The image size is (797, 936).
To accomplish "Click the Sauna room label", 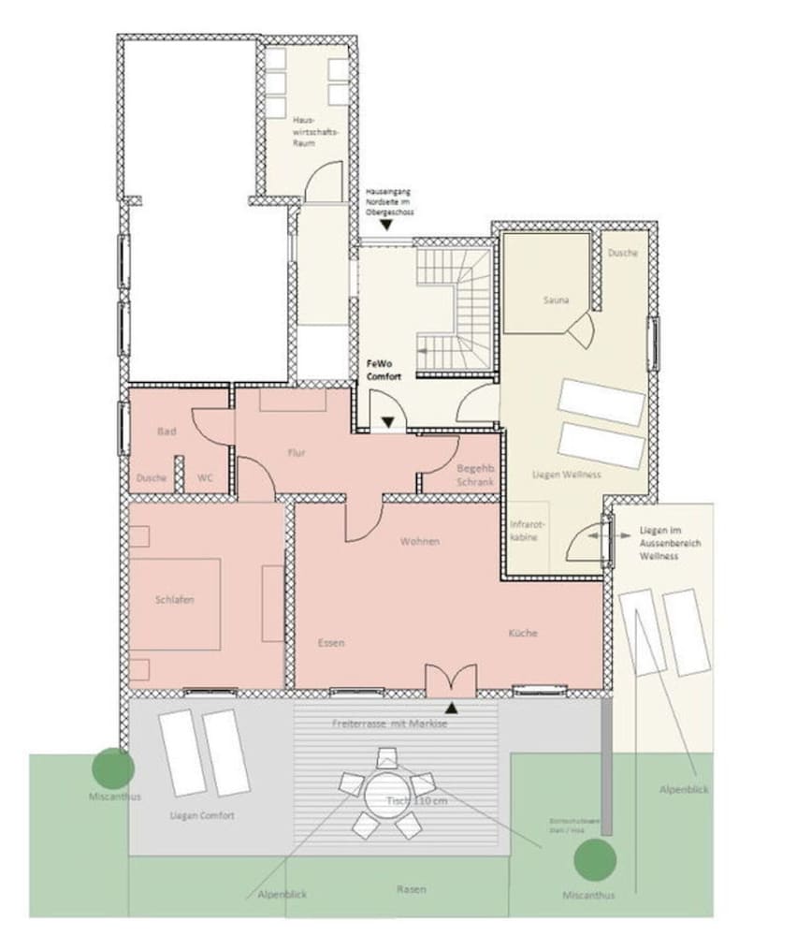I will tap(556, 300).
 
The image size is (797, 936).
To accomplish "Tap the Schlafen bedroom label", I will tap(175, 600).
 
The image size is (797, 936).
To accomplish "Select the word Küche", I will tap(523, 633).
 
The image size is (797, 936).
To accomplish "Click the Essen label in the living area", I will tap(331, 643).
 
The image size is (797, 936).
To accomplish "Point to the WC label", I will tap(205, 477).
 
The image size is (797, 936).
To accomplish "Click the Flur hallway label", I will tap(297, 453).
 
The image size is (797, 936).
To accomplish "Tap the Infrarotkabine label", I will tap(526, 532).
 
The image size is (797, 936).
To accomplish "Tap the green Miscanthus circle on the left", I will tap(113, 768).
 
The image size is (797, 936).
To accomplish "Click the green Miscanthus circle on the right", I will tap(595, 860).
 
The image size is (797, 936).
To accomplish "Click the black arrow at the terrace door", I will tap(452, 707).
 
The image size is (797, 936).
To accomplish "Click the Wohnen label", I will tap(420, 542).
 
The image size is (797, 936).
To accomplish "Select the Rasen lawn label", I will tap(411, 889).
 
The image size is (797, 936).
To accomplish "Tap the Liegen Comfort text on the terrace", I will tap(202, 816).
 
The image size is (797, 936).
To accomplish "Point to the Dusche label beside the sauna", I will tap(622, 253).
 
